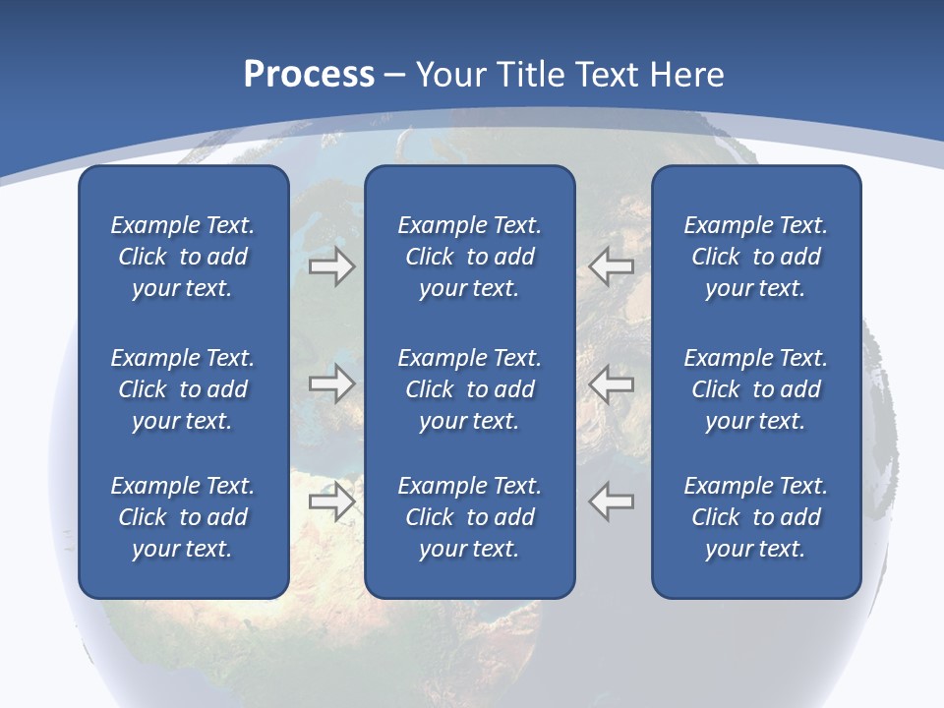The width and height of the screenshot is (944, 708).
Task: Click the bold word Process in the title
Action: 309,75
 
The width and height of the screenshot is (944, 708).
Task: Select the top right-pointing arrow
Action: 332,266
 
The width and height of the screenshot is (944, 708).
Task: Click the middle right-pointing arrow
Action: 332,383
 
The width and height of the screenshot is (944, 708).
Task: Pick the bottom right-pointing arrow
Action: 332,501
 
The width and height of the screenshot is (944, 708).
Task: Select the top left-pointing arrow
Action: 612,266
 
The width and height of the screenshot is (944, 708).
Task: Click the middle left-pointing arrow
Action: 612,383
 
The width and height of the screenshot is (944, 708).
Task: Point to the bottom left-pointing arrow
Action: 612,501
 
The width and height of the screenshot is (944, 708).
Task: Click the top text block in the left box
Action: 183,257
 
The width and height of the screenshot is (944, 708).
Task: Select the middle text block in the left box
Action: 183,389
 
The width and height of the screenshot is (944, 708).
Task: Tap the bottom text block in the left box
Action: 183,517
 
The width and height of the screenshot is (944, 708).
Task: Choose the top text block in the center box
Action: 470,257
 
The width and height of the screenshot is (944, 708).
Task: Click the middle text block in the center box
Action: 470,389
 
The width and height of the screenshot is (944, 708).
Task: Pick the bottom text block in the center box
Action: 470,517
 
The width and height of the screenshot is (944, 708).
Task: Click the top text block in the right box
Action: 756,257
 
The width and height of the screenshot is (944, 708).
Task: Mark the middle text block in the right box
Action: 756,389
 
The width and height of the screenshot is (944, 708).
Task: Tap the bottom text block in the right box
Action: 756,517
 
